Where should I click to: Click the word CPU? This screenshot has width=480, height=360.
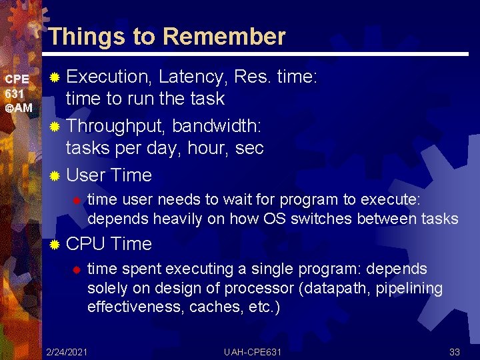click(86, 244)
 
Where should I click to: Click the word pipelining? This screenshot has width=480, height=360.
click(414, 288)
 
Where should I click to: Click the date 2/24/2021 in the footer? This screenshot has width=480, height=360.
click(67, 351)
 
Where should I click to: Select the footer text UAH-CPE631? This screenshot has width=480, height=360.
click(253, 351)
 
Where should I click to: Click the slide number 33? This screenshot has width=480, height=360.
click(455, 351)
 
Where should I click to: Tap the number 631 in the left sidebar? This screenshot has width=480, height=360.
click(14, 93)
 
